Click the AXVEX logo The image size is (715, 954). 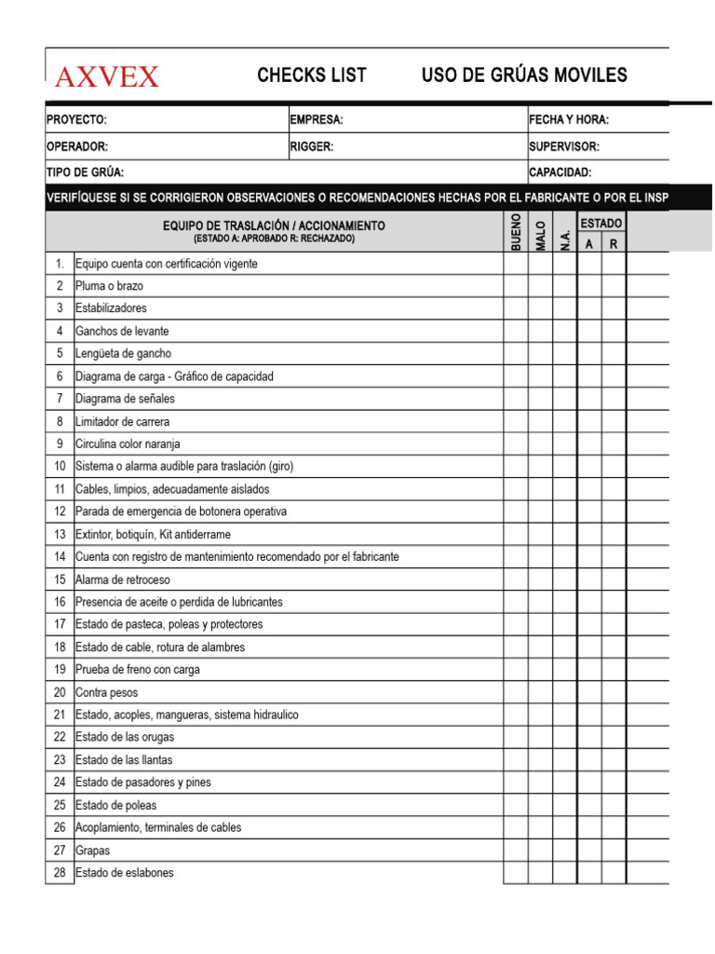click(x=107, y=76)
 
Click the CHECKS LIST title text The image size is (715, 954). click(x=312, y=75)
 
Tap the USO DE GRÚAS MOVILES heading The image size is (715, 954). click(x=524, y=75)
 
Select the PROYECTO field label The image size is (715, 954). click(x=76, y=120)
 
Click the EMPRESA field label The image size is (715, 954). click(x=317, y=120)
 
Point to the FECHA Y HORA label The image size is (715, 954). click(x=569, y=120)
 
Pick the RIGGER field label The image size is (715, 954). click(x=312, y=146)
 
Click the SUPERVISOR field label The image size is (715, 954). click(x=564, y=146)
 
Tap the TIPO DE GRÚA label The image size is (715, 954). click(x=85, y=172)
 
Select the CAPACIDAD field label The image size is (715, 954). click(x=560, y=172)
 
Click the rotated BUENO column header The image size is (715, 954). click(x=516, y=232)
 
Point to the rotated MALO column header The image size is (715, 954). click(x=540, y=233)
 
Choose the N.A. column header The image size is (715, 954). click(x=564, y=238)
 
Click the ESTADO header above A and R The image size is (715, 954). click(x=601, y=224)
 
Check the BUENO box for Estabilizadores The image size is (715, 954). click(x=516, y=308)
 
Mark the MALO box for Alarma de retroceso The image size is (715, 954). click(x=540, y=579)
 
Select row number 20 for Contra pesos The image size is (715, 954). click(x=60, y=692)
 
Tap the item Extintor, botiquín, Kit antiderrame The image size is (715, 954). click(x=153, y=534)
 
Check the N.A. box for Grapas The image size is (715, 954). click(x=564, y=851)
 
